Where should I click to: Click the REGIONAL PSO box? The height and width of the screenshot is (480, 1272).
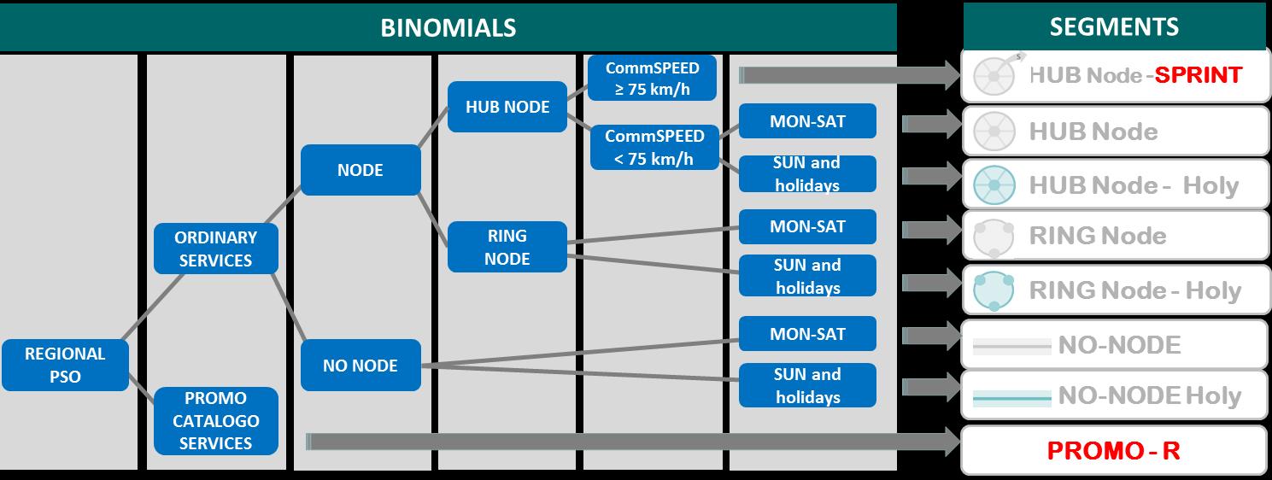click(65, 365)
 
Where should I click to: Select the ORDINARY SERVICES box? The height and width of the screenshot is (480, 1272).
click(215, 249)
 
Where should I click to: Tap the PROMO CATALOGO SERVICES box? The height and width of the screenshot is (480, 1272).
click(215, 421)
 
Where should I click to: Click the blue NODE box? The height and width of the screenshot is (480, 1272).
click(360, 170)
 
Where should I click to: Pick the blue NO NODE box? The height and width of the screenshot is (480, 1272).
click(360, 366)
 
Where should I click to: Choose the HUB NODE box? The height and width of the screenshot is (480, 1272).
click(507, 107)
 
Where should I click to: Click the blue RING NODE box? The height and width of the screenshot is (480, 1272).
click(507, 247)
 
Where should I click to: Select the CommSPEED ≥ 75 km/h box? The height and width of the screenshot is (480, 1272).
click(652, 79)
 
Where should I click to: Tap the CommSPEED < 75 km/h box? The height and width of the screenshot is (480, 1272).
click(654, 147)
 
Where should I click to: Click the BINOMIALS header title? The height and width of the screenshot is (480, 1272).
click(448, 27)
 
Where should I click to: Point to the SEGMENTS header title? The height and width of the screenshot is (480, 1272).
click(1114, 26)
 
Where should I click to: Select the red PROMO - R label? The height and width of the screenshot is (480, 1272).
click(1113, 450)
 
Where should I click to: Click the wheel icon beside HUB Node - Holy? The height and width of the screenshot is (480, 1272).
click(994, 184)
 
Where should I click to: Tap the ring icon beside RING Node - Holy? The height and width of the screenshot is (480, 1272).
click(994, 290)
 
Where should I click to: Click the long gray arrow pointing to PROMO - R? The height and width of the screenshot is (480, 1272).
click(632, 441)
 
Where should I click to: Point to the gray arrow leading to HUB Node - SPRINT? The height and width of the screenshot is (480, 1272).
click(850, 75)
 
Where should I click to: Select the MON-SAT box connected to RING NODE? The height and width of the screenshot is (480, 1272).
click(807, 227)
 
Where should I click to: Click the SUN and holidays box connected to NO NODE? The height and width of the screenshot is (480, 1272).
click(807, 385)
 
